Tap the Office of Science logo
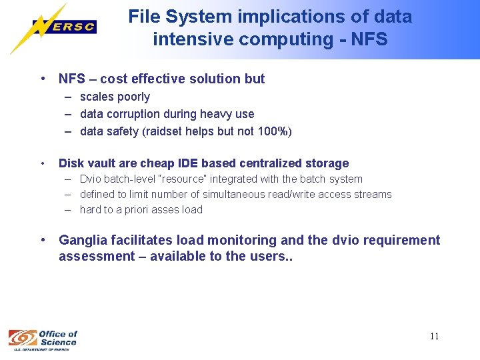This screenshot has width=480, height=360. click(x=43, y=338)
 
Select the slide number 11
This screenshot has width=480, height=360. click(x=434, y=336)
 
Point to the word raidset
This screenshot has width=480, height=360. click(x=165, y=131)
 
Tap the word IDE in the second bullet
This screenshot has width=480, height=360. click(x=213, y=163)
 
